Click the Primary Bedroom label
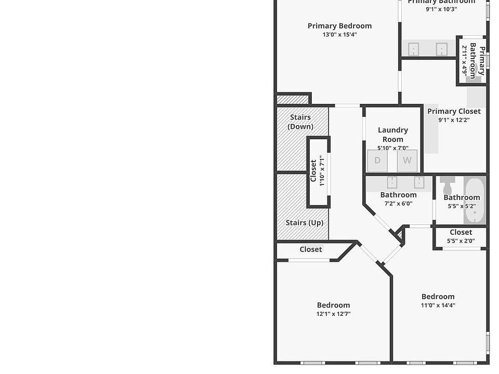click(339, 26)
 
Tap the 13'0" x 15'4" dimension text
click(339, 35)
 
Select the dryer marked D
click(377, 161)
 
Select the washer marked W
click(407, 161)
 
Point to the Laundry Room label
click(393, 135)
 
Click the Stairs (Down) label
click(300, 122)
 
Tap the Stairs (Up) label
click(305, 223)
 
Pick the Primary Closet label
click(454, 111)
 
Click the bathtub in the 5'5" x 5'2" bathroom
click(475, 201)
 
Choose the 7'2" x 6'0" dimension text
click(398, 204)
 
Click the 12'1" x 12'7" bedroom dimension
click(333, 314)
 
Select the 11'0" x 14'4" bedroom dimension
click(438, 305)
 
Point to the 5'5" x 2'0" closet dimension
click(461, 241)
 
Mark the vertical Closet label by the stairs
click(313, 170)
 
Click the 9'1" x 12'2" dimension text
click(454, 120)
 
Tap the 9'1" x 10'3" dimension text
click(441, 9)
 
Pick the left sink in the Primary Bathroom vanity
click(414, 49)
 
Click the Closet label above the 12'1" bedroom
click(311, 249)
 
